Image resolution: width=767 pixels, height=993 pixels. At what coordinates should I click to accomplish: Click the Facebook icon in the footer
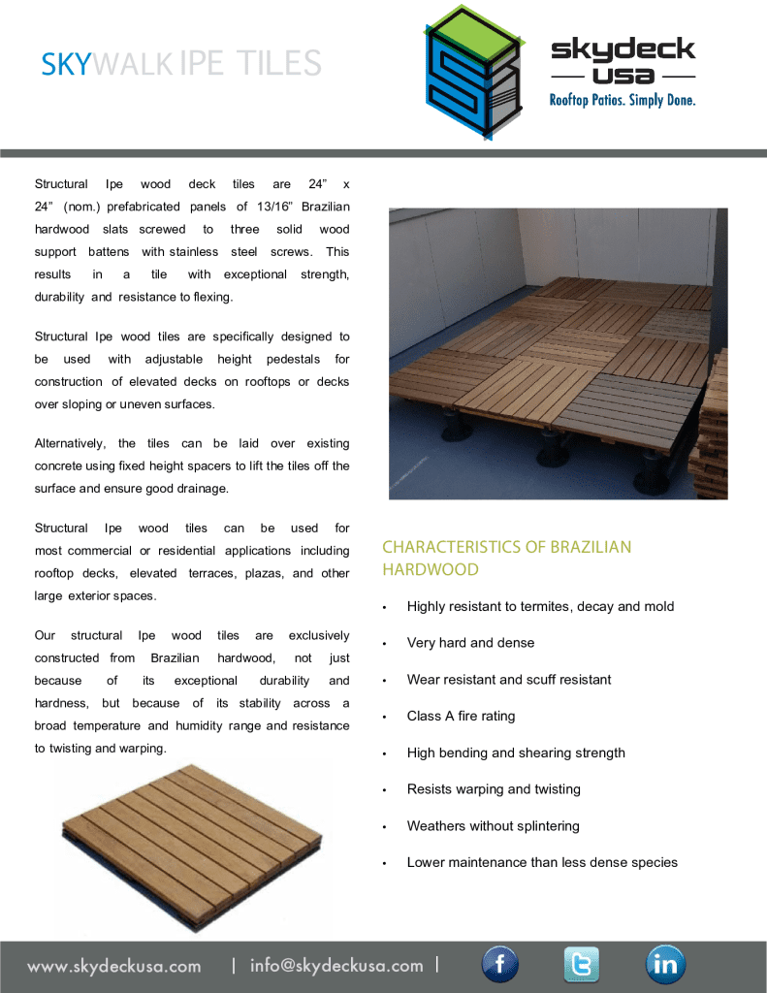click(x=500, y=965)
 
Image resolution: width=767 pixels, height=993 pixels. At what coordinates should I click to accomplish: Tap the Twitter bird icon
click(x=582, y=965)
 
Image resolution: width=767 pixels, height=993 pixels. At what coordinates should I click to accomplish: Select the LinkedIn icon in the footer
click(x=666, y=965)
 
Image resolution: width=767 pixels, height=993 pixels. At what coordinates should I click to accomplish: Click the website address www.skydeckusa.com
click(x=114, y=966)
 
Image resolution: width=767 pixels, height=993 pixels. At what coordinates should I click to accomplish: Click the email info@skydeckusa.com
click(x=336, y=966)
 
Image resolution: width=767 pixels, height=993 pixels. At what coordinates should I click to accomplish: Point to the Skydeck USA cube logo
click(x=472, y=73)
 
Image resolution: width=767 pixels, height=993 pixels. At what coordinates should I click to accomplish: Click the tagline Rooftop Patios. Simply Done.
click(x=623, y=100)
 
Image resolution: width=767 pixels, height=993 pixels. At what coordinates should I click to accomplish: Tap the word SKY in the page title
click(x=66, y=64)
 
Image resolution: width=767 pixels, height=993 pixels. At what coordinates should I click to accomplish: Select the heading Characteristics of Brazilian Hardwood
click(x=506, y=559)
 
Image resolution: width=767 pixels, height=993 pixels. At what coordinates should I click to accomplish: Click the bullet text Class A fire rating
click(x=461, y=716)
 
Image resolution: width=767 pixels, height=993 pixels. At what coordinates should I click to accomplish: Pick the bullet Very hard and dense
click(x=470, y=643)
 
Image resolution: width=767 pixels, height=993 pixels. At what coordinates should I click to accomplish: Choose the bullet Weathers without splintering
click(x=493, y=826)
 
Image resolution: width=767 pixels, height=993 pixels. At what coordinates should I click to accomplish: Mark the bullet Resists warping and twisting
click(x=494, y=789)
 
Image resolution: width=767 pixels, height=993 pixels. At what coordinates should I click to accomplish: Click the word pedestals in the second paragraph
click(x=294, y=360)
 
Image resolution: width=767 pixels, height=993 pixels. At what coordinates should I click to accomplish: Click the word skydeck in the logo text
click(x=623, y=49)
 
